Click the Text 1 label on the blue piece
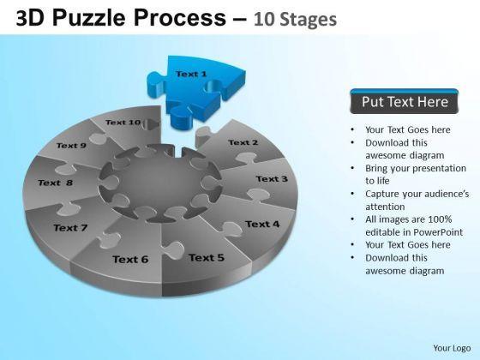[191, 74]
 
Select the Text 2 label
[243, 142]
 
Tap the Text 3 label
[272, 179]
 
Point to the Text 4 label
[262, 224]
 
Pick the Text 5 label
[207, 258]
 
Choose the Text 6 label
[130, 260]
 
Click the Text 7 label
[70, 228]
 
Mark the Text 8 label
[56, 183]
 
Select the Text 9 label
[71, 146]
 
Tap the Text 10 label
[123, 123]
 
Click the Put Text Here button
[405, 102]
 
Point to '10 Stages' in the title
[295, 19]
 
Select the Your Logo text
[452, 348]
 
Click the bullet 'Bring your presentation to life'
[416, 174]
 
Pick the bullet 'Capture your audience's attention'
[417, 200]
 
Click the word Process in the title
[180, 18]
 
